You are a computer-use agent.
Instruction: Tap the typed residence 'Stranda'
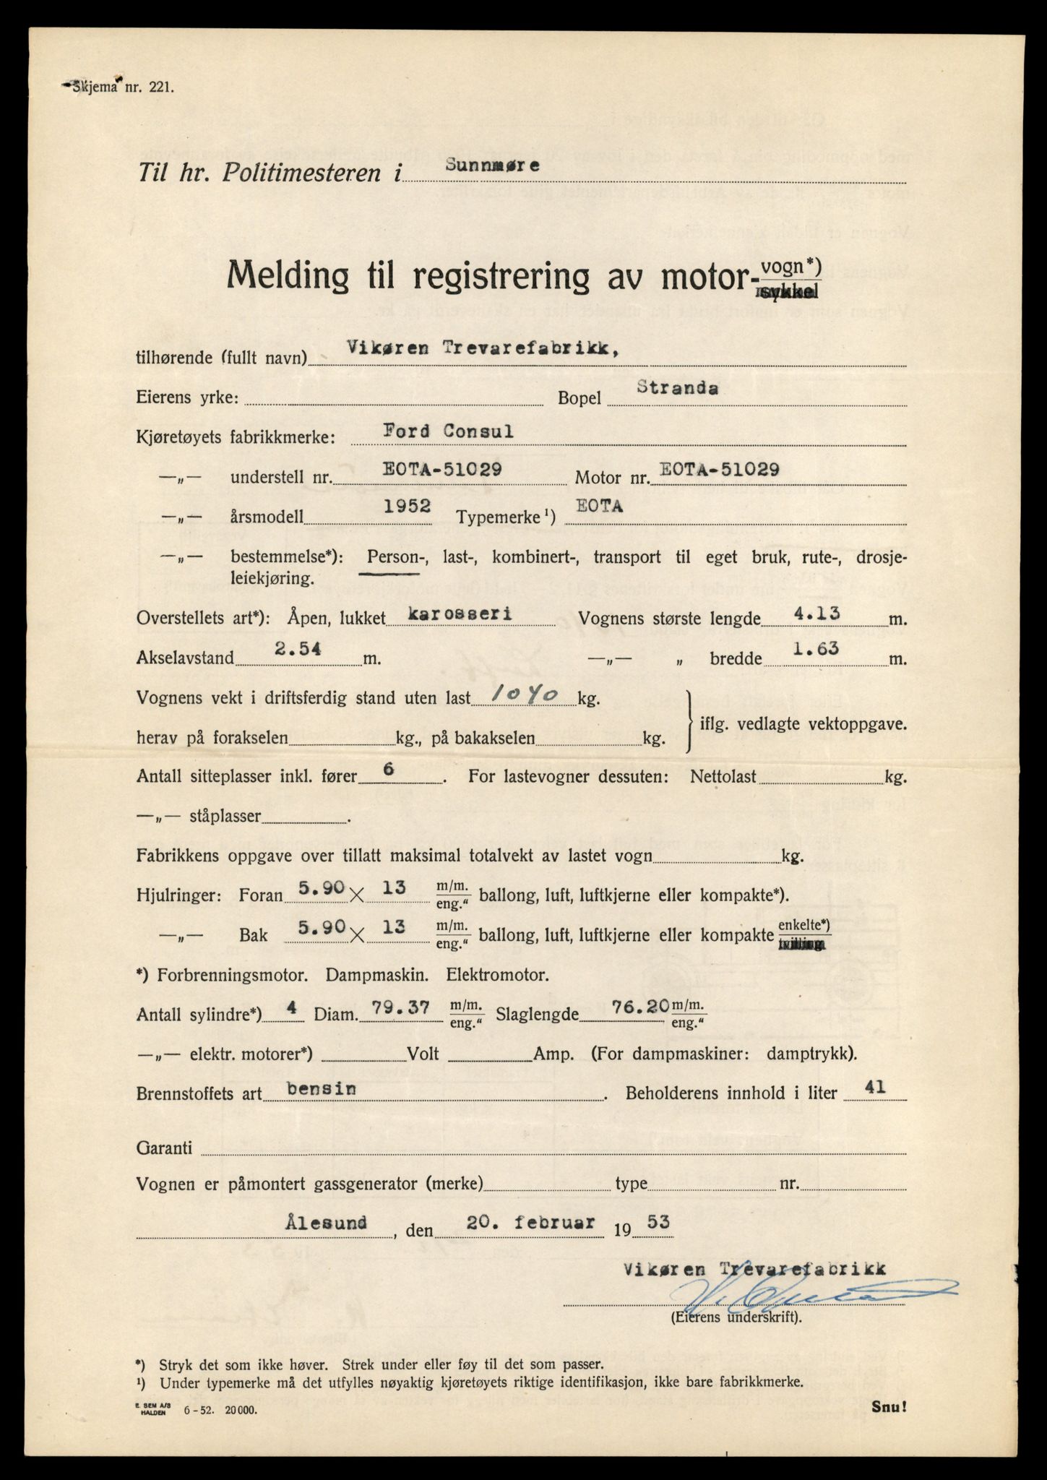[x=677, y=387]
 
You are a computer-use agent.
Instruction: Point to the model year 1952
[x=407, y=507]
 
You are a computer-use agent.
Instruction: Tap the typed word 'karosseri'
[x=460, y=614]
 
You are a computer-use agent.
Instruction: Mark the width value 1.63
[x=816, y=648]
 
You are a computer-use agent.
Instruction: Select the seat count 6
[x=388, y=770]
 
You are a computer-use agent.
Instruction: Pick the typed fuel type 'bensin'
[x=321, y=1088]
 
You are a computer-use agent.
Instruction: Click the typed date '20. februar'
[x=531, y=1223]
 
